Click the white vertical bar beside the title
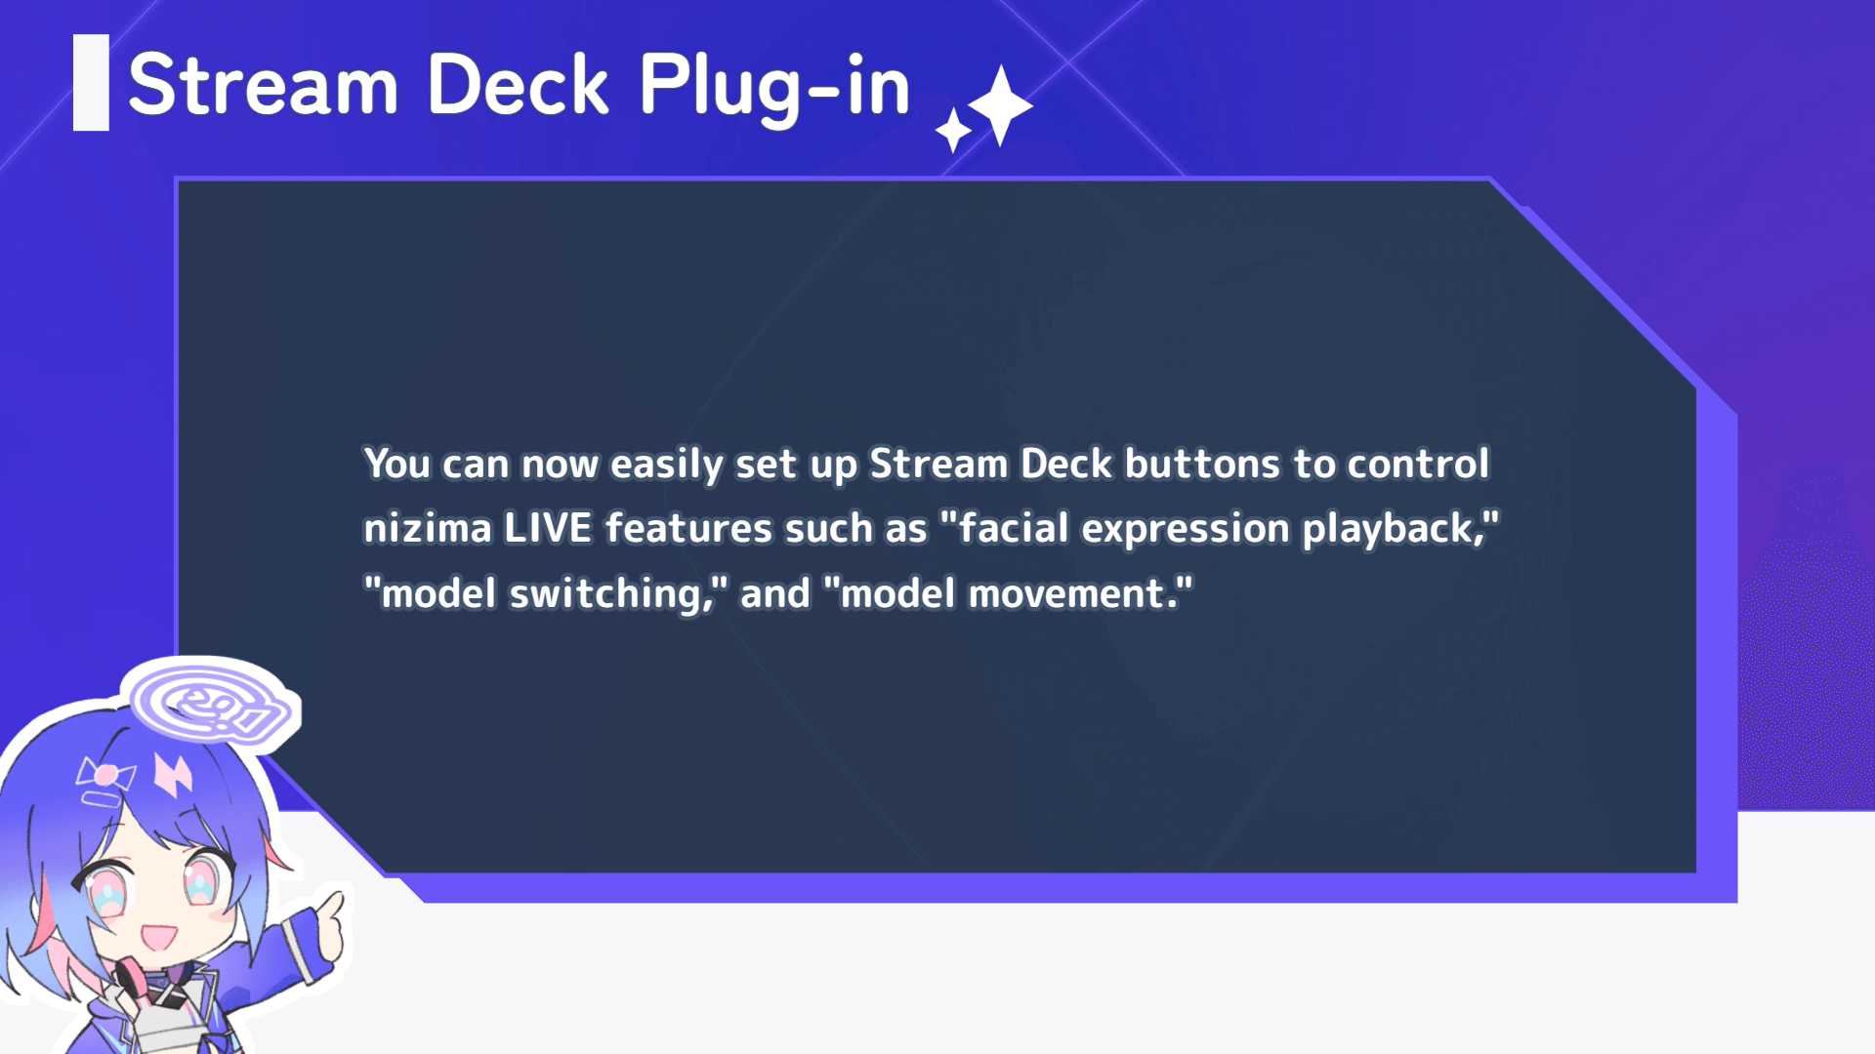pyautogui.click(x=91, y=83)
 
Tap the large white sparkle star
pyautogui.click(x=1000, y=105)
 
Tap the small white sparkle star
pyautogui.click(x=953, y=131)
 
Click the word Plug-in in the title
pyautogui.click(x=774, y=87)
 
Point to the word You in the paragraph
pyautogui.click(x=397, y=464)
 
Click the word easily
pyautogui.click(x=667, y=465)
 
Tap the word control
pyautogui.click(x=1419, y=464)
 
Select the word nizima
pyautogui.click(x=428, y=528)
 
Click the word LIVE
pyautogui.click(x=548, y=528)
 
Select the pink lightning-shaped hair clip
pyautogui.click(x=173, y=775)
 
